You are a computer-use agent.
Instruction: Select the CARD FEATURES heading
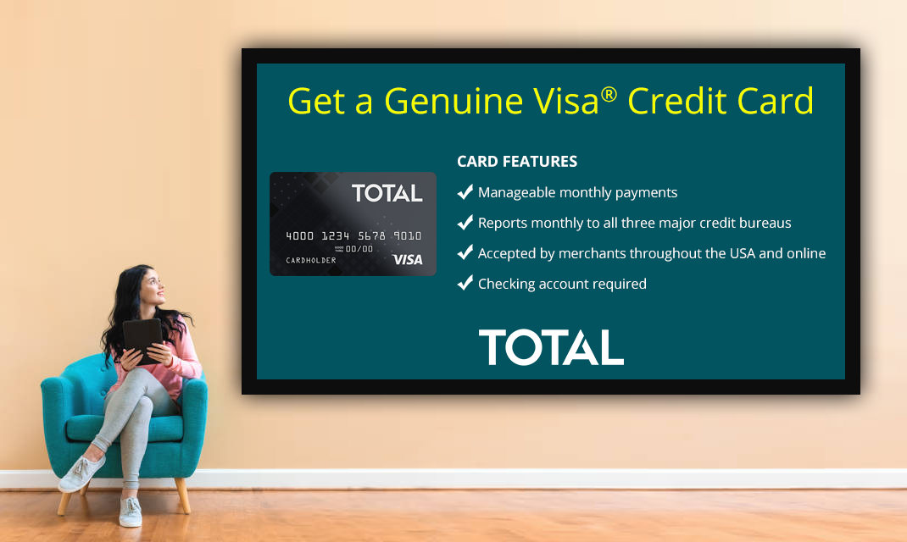coord(517,161)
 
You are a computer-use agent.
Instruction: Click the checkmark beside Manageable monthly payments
coord(465,192)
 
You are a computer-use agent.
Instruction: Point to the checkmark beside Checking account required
coord(465,284)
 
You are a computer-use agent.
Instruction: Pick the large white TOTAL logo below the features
coord(551,347)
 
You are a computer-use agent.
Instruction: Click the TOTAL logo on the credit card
coord(387,193)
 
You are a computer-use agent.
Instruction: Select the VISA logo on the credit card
coord(408,260)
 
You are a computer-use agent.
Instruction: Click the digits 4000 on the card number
coord(300,236)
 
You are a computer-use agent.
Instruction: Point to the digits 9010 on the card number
coord(408,236)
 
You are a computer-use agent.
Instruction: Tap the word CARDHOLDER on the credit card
coord(311,260)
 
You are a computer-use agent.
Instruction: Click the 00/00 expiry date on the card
coord(359,249)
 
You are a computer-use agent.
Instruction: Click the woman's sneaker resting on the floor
coord(131,512)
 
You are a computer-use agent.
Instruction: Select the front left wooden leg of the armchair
coord(64,501)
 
